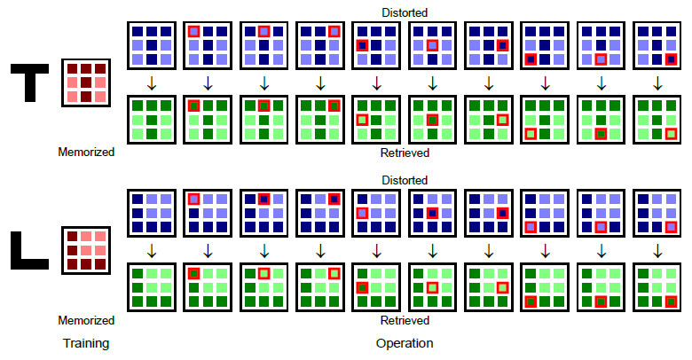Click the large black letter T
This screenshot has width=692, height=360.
[x=29, y=82]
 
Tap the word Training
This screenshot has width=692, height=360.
[x=86, y=343]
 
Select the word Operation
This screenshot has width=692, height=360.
[x=405, y=343]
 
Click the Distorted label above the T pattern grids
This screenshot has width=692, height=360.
[x=405, y=12]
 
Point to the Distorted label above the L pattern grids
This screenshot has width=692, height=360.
[x=405, y=180]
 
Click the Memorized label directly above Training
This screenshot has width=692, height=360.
[x=86, y=320]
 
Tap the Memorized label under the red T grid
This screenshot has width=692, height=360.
[x=86, y=153]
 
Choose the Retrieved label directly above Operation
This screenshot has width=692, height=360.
[x=405, y=320]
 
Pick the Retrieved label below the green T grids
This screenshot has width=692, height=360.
[x=405, y=153]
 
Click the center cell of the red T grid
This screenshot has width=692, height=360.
[x=86, y=82]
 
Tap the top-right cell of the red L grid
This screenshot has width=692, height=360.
[x=100, y=237]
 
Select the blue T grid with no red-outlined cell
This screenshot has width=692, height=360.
[x=152, y=45]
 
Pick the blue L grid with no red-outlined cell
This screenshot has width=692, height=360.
[x=152, y=213]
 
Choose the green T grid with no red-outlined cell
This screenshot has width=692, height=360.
[x=152, y=120]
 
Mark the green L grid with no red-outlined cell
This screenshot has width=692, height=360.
[x=152, y=287]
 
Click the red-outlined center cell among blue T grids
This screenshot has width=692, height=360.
[x=433, y=45]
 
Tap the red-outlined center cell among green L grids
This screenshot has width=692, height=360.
[x=433, y=287]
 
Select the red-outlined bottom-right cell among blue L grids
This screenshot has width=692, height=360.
[x=672, y=227]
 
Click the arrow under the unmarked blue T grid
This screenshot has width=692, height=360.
[x=152, y=83]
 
